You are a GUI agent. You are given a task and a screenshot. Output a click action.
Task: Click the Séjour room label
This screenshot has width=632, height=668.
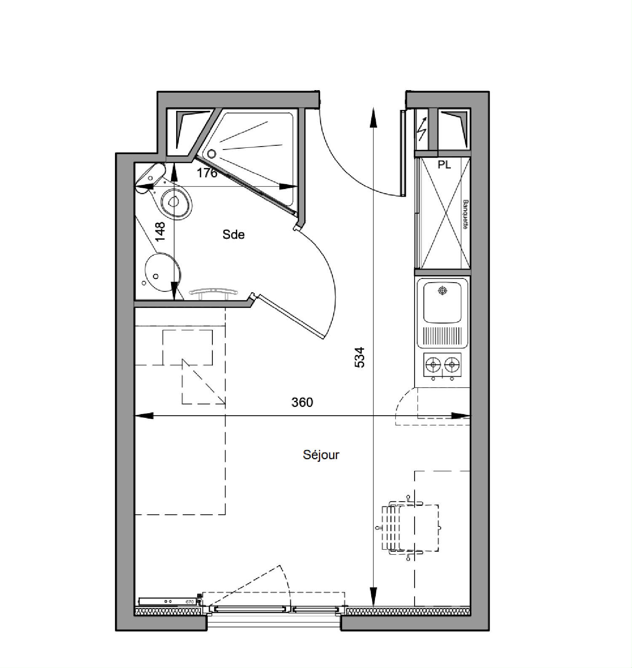[321, 455]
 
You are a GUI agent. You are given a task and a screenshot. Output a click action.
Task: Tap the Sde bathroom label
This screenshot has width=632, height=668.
[233, 235]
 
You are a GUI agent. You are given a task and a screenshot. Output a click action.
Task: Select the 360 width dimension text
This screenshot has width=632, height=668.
[302, 402]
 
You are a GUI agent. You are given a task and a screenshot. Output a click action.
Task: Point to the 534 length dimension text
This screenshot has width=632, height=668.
[359, 357]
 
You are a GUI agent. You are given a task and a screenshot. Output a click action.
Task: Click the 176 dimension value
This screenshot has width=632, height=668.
[207, 173]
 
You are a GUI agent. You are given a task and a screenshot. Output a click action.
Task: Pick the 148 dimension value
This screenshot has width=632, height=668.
[160, 232]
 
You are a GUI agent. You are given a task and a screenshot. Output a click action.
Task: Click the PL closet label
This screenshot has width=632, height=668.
[444, 165]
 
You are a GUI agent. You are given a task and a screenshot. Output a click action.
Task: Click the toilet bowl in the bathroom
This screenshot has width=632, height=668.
[176, 203]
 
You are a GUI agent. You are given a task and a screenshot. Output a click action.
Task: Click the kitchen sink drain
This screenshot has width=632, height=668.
[442, 290]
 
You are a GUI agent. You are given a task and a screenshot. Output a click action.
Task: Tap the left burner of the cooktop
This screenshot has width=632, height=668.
[433, 364]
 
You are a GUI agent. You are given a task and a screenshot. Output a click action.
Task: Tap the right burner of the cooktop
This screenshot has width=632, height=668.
[452, 364]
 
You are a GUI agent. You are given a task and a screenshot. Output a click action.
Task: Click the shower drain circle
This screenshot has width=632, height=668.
[212, 154]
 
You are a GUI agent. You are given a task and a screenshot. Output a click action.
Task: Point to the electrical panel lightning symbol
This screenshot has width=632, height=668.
[421, 129]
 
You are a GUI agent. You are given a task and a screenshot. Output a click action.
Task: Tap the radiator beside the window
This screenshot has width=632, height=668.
[168, 601]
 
